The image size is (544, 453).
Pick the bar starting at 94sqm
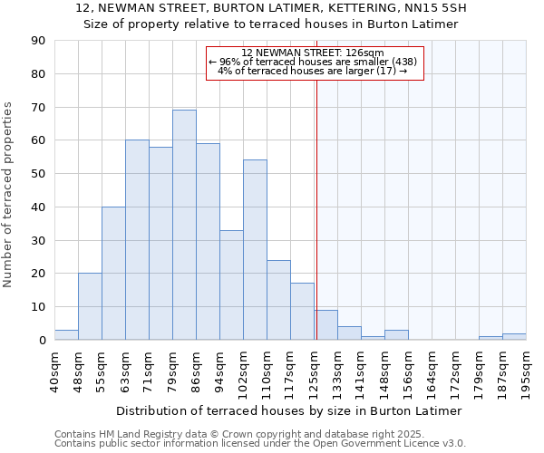(x=231, y=284)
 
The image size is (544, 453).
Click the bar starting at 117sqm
(x=302, y=312)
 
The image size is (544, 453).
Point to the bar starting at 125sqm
(x=325, y=324)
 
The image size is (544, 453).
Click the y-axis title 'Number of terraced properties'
(x=8, y=194)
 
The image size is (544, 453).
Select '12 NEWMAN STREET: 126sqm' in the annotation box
(x=314, y=53)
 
